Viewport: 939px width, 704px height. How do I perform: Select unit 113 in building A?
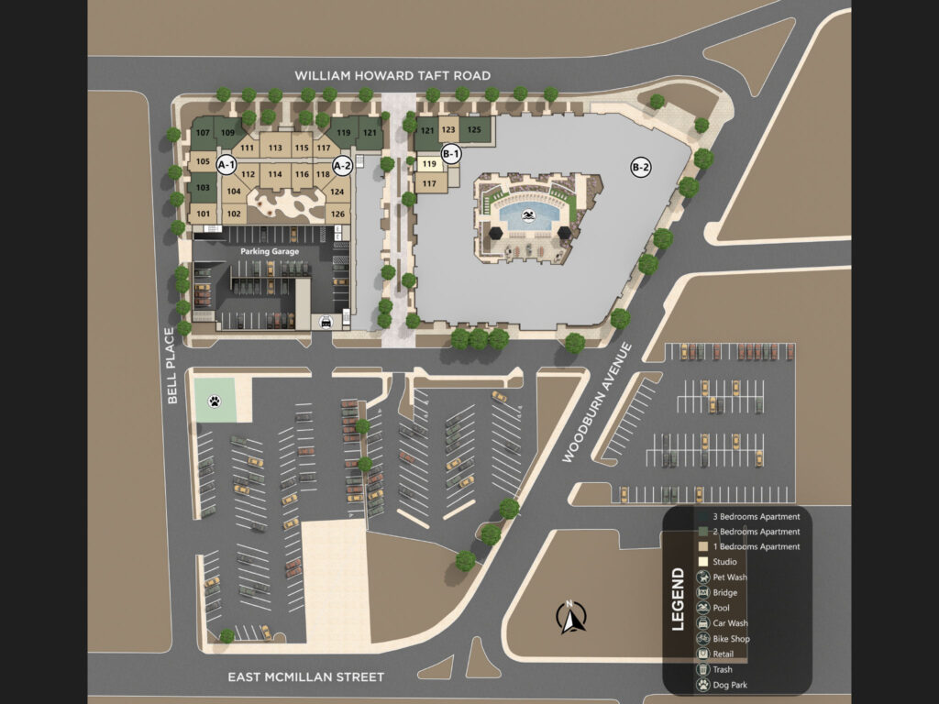[275, 148]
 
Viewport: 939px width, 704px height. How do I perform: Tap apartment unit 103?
[203, 188]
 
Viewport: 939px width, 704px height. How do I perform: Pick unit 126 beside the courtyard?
[337, 214]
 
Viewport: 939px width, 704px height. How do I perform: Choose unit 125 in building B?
[474, 130]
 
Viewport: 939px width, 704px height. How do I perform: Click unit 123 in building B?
[448, 130]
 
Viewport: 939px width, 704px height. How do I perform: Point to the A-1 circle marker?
[226, 165]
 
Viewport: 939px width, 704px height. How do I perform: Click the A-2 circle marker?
[342, 166]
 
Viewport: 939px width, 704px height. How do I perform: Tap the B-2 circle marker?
[640, 168]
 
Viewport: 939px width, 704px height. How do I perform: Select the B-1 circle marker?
[450, 153]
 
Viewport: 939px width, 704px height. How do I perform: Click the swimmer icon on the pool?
[529, 216]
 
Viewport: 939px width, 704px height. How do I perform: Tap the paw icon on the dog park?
[214, 401]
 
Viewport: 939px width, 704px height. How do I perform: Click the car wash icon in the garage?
[326, 322]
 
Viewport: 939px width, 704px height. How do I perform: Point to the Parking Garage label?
[267, 250]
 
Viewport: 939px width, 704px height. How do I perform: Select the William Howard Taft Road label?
[392, 75]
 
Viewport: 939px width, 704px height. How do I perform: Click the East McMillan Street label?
[305, 677]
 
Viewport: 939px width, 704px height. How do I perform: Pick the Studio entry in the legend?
[724, 562]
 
